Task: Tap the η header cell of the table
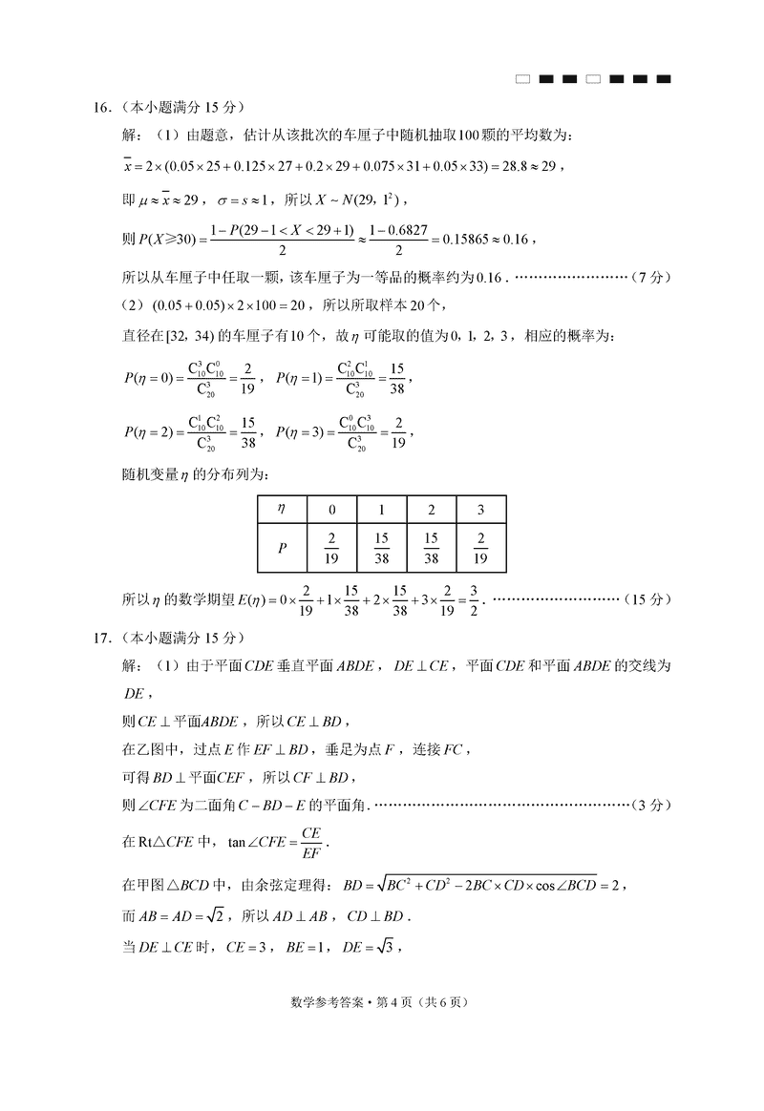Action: tap(281, 510)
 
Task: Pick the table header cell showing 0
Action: tap(331, 510)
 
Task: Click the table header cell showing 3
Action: tap(480, 510)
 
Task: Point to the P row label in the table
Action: tap(281, 548)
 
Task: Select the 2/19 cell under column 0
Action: tap(331, 548)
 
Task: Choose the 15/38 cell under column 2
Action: tap(431, 548)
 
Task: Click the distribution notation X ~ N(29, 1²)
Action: tap(358, 199)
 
